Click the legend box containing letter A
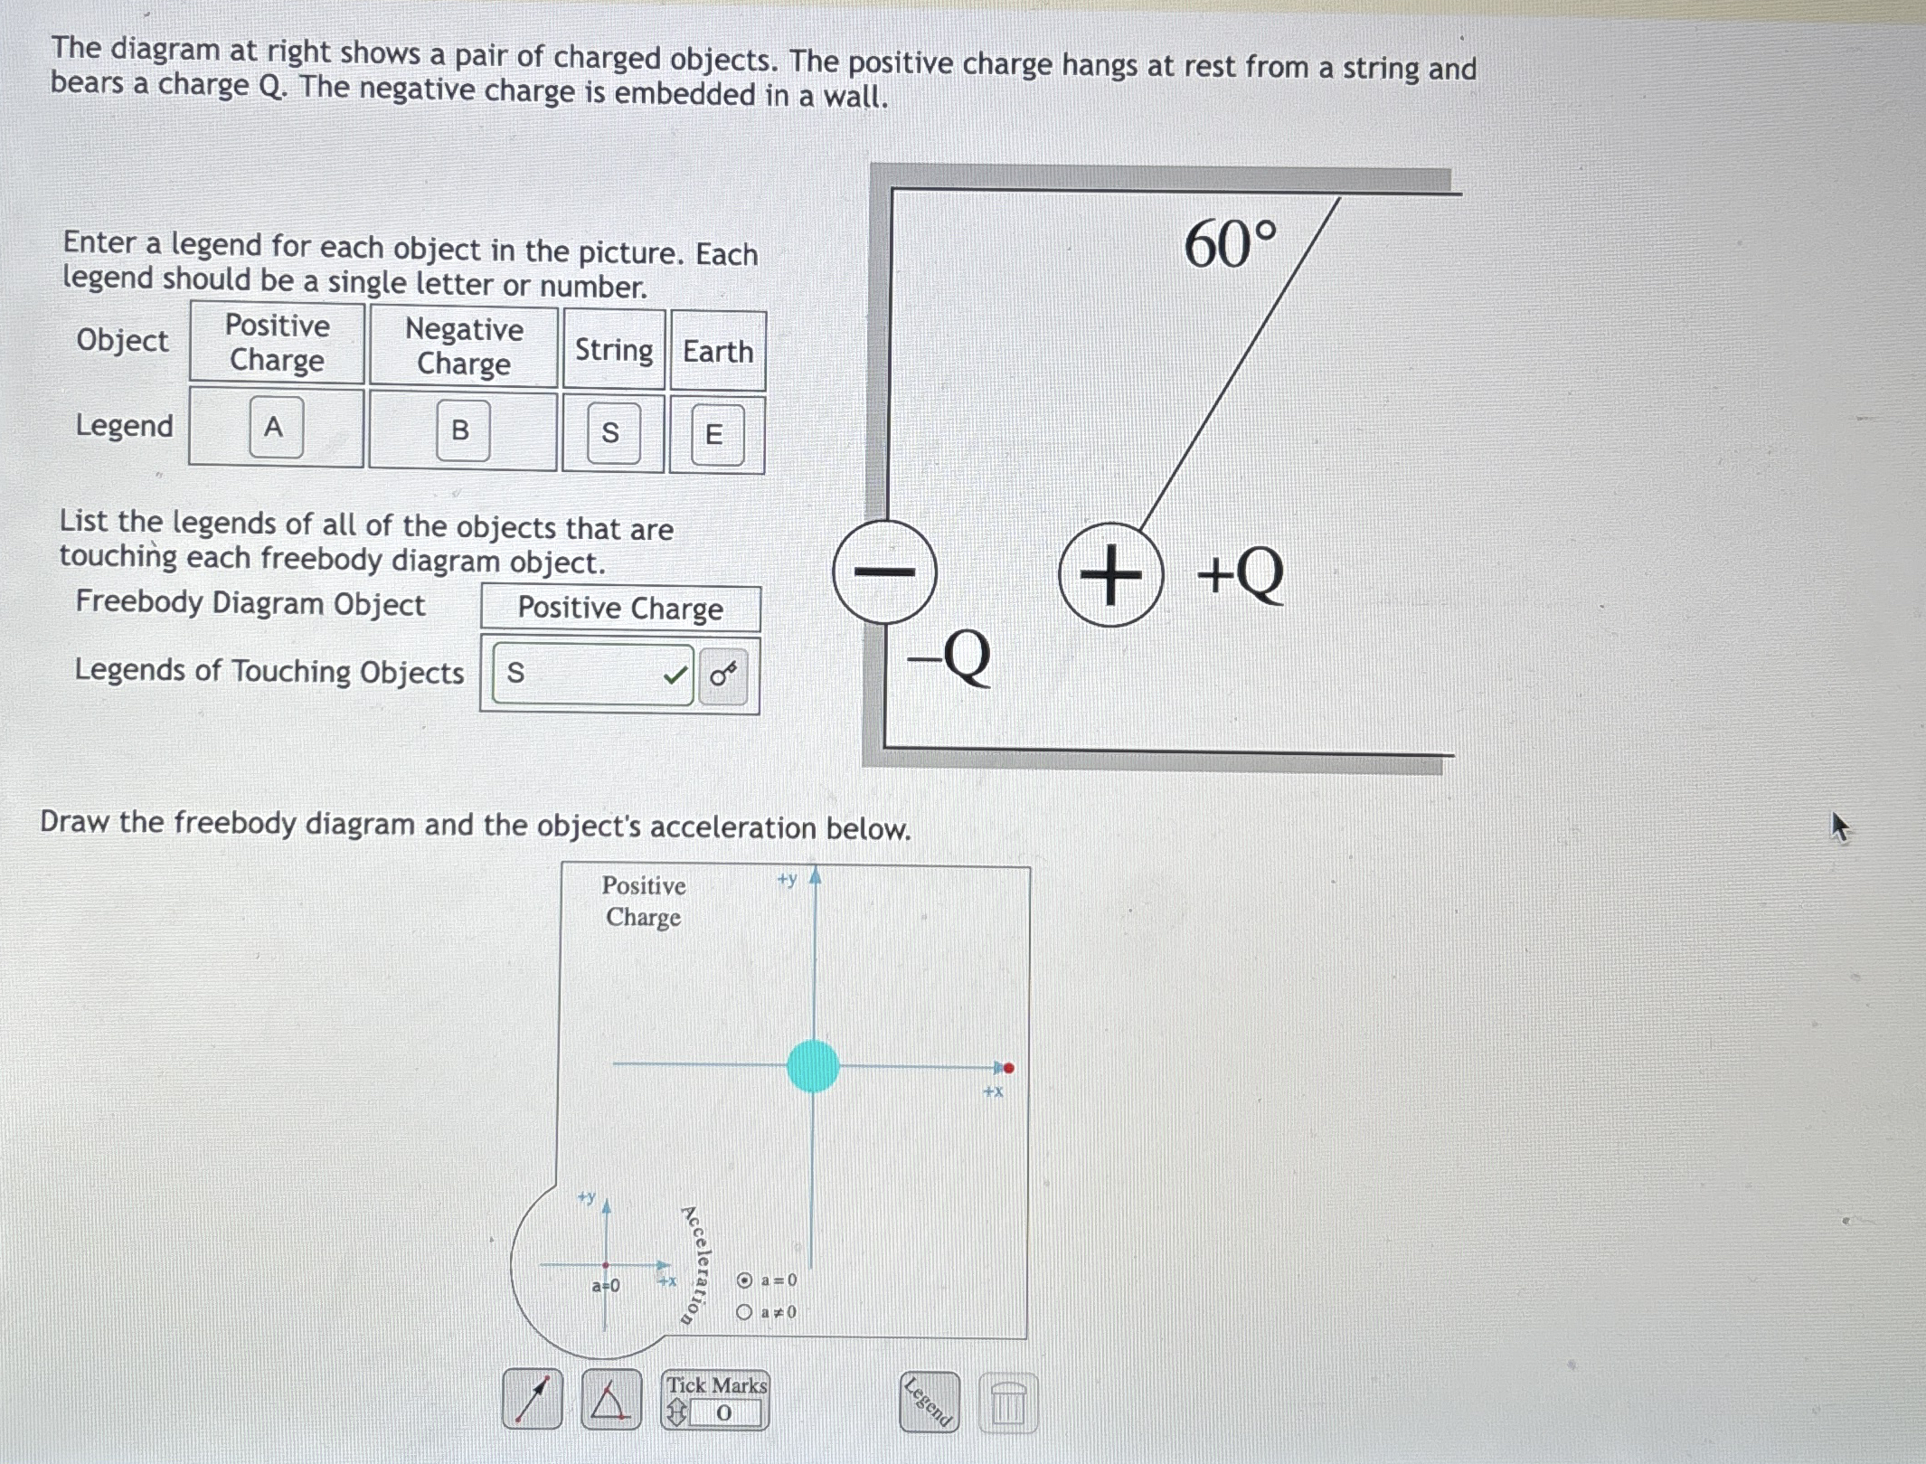coord(275,427)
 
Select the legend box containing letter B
coord(461,430)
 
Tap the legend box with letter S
coord(612,433)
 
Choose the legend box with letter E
coord(716,435)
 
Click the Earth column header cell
coord(718,351)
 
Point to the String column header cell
coord(614,349)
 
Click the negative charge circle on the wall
coord(885,571)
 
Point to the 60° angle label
coord(1231,244)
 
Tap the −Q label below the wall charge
coord(949,657)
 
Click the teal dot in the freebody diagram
coord(813,1066)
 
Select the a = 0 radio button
coord(744,1280)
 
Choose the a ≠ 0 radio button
coord(744,1312)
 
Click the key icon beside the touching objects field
coord(723,675)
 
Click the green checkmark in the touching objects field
coord(675,675)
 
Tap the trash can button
coord(1008,1404)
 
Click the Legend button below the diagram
coord(929,1403)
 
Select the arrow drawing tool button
coord(533,1399)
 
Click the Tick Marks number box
coord(723,1413)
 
